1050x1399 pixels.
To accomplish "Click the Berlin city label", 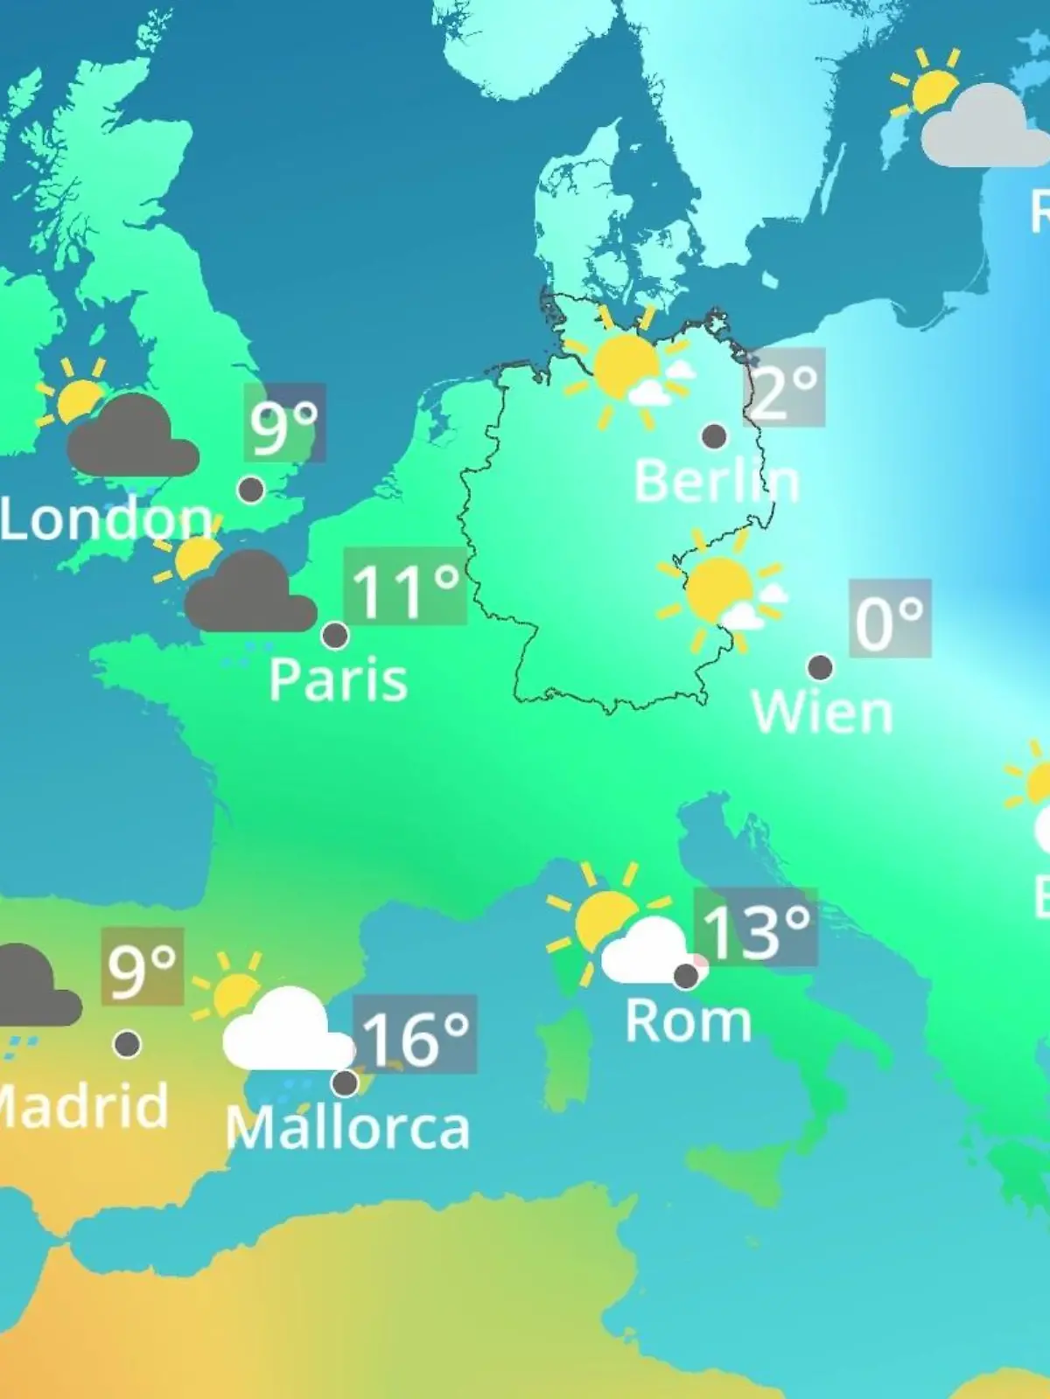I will (716, 481).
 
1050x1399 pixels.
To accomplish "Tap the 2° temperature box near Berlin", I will (784, 387).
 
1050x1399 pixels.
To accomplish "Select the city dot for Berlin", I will (715, 435).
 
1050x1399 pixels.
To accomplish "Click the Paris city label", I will (338, 679).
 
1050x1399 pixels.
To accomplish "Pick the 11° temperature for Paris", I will (405, 588).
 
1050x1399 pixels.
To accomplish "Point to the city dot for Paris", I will (335, 636).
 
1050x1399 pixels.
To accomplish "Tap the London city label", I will (105, 519).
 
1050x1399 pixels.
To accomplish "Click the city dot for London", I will (251, 490).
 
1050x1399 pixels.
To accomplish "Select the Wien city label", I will (822, 713).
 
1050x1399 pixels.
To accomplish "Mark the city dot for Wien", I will (820, 668).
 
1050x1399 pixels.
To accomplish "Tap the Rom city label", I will (688, 1020).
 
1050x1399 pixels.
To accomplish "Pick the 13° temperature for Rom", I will (755, 929).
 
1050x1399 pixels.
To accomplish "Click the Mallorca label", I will (347, 1128).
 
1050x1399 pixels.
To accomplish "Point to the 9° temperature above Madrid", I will (142, 966).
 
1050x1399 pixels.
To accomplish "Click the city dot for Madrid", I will (128, 1043).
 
